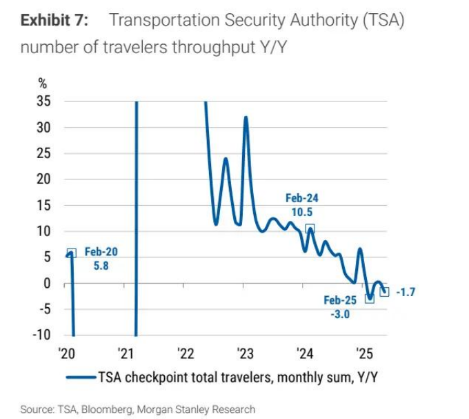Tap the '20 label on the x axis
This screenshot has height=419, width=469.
coord(66,354)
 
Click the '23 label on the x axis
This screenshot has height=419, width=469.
coord(245,354)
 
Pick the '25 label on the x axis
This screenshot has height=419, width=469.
coord(364,354)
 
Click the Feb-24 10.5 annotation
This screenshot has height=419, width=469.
coord(302,204)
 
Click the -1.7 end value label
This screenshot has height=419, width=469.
coord(406,292)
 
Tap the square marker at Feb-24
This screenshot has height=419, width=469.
coord(310,228)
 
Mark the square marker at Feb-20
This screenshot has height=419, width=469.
coord(72,253)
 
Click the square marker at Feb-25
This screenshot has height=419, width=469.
coord(369,298)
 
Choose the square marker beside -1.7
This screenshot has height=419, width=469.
coord(385,292)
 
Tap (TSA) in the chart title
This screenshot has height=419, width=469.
coord(378,20)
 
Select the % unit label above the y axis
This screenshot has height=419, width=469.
coord(43,84)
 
